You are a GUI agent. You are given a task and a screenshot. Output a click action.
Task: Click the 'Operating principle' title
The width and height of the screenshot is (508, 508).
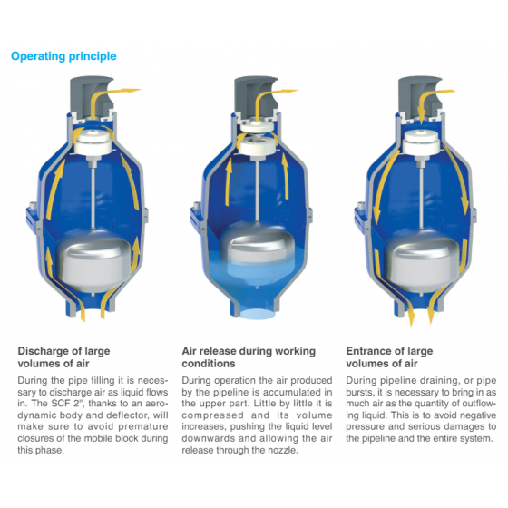(x=63, y=56)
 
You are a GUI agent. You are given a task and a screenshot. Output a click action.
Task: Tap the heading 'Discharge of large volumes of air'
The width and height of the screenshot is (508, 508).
(x=63, y=357)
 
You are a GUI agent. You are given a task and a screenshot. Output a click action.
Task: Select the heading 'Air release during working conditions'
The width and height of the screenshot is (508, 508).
(x=249, y=357)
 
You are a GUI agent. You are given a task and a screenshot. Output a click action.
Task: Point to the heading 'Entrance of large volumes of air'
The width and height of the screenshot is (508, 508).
(x=389, y=357)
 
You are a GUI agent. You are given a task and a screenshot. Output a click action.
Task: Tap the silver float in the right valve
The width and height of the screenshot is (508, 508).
(x=422, y=260)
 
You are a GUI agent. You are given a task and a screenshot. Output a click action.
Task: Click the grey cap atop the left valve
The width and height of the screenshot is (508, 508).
(x=92, y=96)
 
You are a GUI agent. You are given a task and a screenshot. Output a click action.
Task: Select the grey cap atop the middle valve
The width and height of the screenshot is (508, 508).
(x=256, y=95)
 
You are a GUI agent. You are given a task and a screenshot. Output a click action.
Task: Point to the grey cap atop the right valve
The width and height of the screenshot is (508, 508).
(x=420, y=96)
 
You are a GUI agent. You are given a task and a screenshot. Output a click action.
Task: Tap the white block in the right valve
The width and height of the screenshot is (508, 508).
(x=422, y=142)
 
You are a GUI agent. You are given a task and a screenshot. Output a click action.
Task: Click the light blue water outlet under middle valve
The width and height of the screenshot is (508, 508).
(x=258, y=314)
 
